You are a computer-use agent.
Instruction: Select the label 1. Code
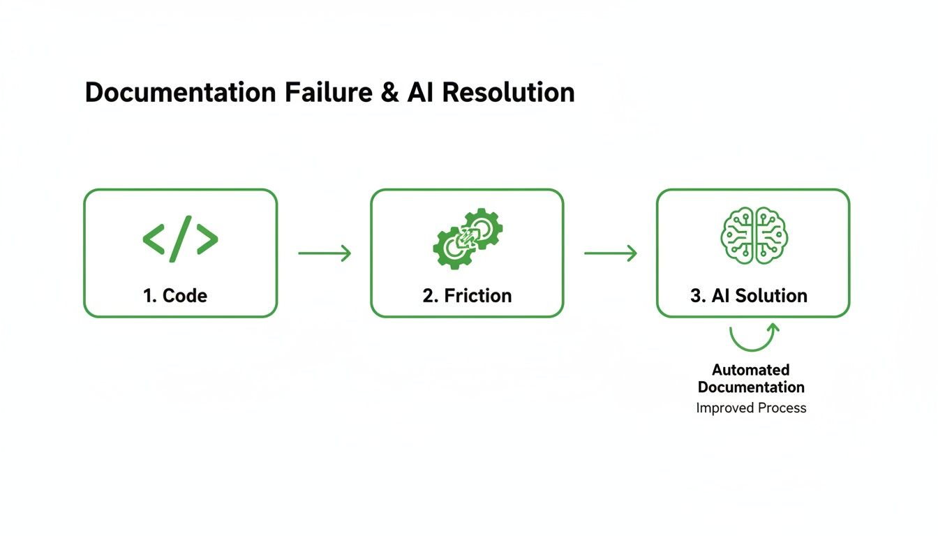pos(175,295)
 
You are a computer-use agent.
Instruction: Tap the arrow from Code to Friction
pos(325,253)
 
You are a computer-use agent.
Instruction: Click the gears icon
pos(467,238)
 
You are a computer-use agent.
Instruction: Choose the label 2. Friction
pos(467,295)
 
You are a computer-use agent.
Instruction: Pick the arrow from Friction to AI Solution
pos(611,253)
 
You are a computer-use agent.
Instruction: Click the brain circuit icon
pos(754,235)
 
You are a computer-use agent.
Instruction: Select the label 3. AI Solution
pos(749,295)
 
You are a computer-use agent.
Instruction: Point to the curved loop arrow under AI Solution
pos(754,338)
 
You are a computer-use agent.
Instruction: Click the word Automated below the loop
pos(751,370)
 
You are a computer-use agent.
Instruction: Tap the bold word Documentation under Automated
pos(751,387)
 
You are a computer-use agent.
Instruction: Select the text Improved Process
pos(751,408)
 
